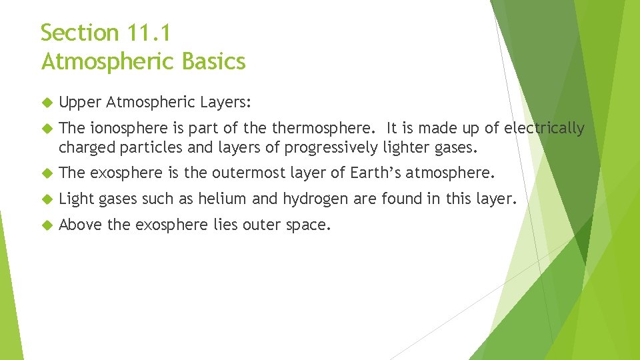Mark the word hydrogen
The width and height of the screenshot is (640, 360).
click(x=317, y=199)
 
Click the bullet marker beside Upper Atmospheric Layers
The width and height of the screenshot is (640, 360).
click(x=46, y=103)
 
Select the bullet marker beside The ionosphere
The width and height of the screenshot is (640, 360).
click(x=46, y=129)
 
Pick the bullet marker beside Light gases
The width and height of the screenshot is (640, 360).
click(x=46, y=199)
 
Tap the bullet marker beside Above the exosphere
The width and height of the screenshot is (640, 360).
click(x=46, y=225)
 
